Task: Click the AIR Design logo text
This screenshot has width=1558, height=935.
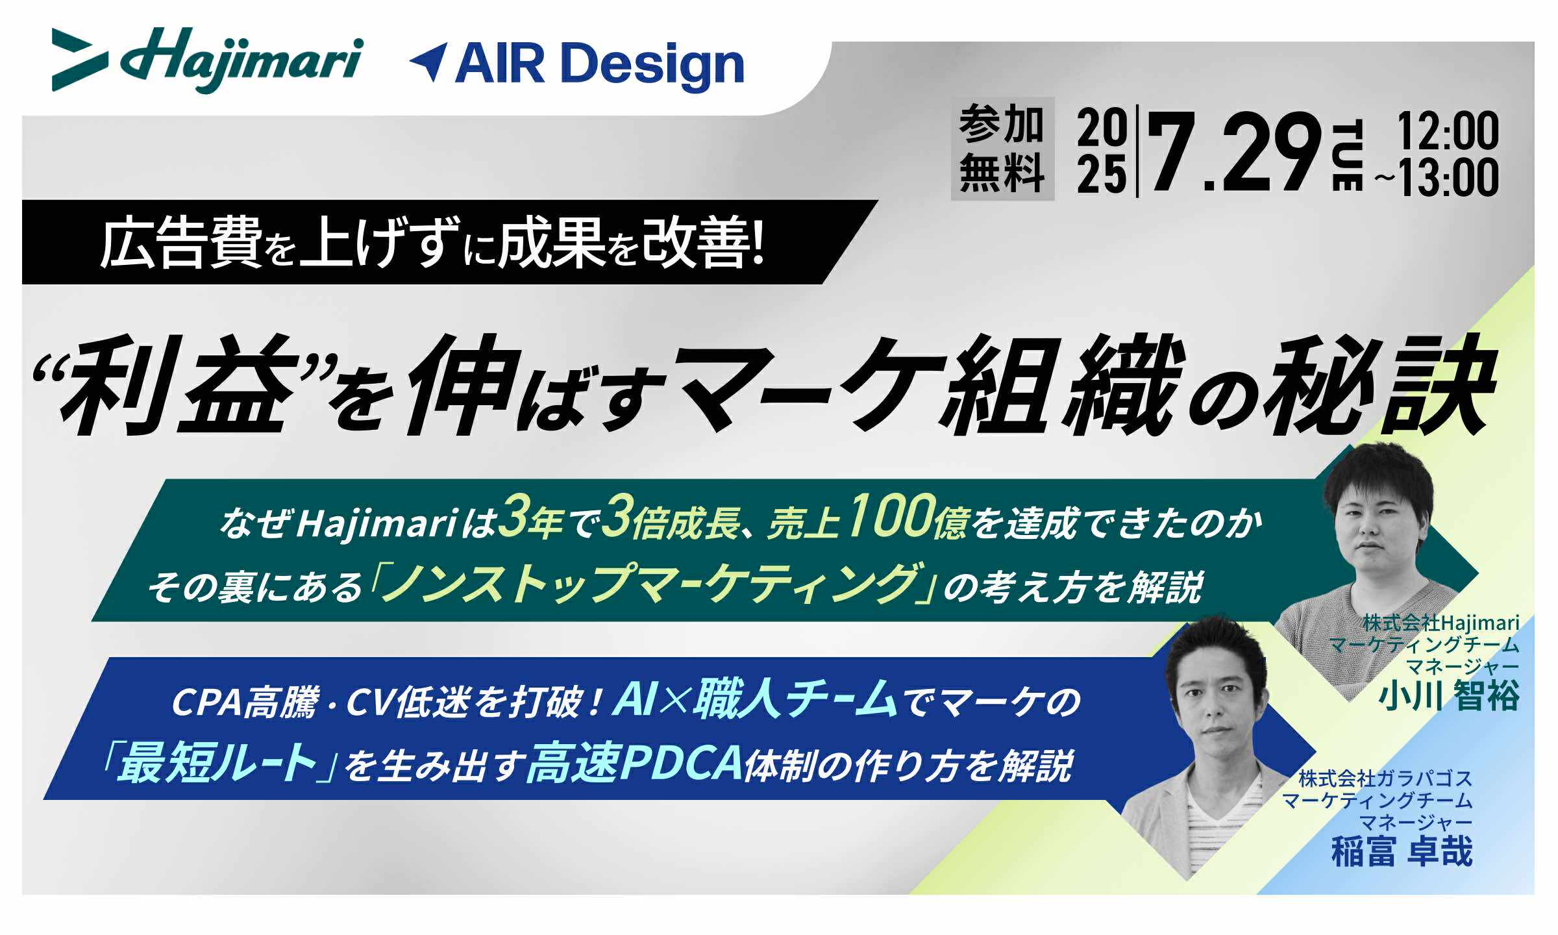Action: click(x=599, y=65)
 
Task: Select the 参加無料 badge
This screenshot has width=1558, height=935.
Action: click(x=1002, y=149)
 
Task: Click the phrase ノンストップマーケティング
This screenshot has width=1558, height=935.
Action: click(x=652, y=581)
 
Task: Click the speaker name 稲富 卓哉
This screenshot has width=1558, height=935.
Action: click(x=1402, y=851)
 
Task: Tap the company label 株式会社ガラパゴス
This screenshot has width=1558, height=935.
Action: click(x=1385, y=778)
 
